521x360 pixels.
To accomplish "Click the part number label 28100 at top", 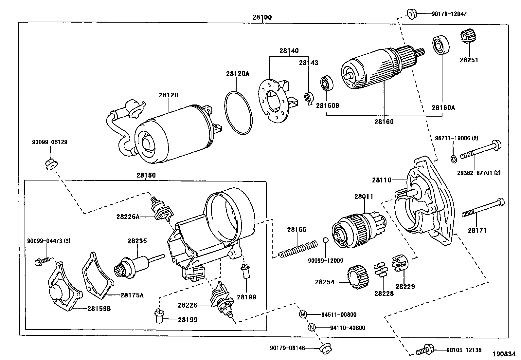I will (262, 17).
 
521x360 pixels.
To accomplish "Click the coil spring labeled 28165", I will (298, 249).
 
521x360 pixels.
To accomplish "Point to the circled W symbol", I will (303, 314).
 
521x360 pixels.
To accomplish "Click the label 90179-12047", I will (449, 14).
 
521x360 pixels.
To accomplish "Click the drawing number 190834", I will (504, 354).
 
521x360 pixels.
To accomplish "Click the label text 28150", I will (146, 175).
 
